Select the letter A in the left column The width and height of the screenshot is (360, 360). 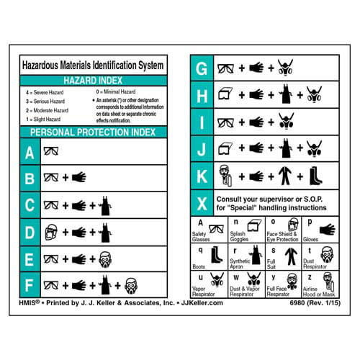coord(30,153)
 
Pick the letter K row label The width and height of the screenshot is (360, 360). coord(202,175)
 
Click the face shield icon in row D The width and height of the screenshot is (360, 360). coord(51,232)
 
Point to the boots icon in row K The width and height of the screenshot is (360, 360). coord(315,175)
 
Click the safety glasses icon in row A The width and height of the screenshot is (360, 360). coord(52,153)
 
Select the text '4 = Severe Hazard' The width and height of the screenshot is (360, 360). coord(50,93)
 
